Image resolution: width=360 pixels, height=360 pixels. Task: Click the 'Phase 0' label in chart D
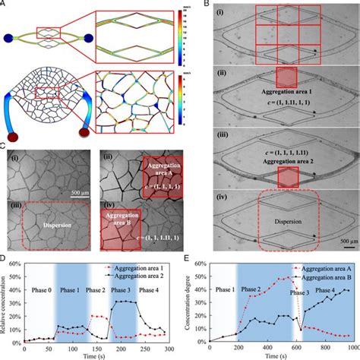36,290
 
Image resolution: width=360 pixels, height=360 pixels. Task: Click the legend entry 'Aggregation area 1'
134,269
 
